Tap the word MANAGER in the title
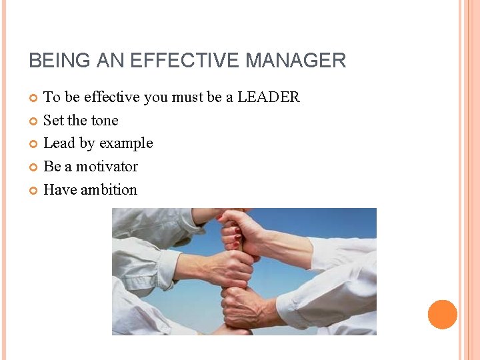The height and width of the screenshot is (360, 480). (296, 61)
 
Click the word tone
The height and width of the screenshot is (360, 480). (105, 121)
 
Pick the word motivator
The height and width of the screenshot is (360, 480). (107, 167)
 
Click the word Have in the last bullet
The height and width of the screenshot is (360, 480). (60, 190)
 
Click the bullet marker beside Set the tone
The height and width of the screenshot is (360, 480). (34, 121)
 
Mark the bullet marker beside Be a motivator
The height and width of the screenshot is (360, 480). (34, 167)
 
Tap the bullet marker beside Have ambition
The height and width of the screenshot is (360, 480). (34, 191)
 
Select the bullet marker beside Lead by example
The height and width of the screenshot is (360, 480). (34, 144)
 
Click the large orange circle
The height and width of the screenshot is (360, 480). (443, 315)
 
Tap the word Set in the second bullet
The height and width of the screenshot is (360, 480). (53, 121)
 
